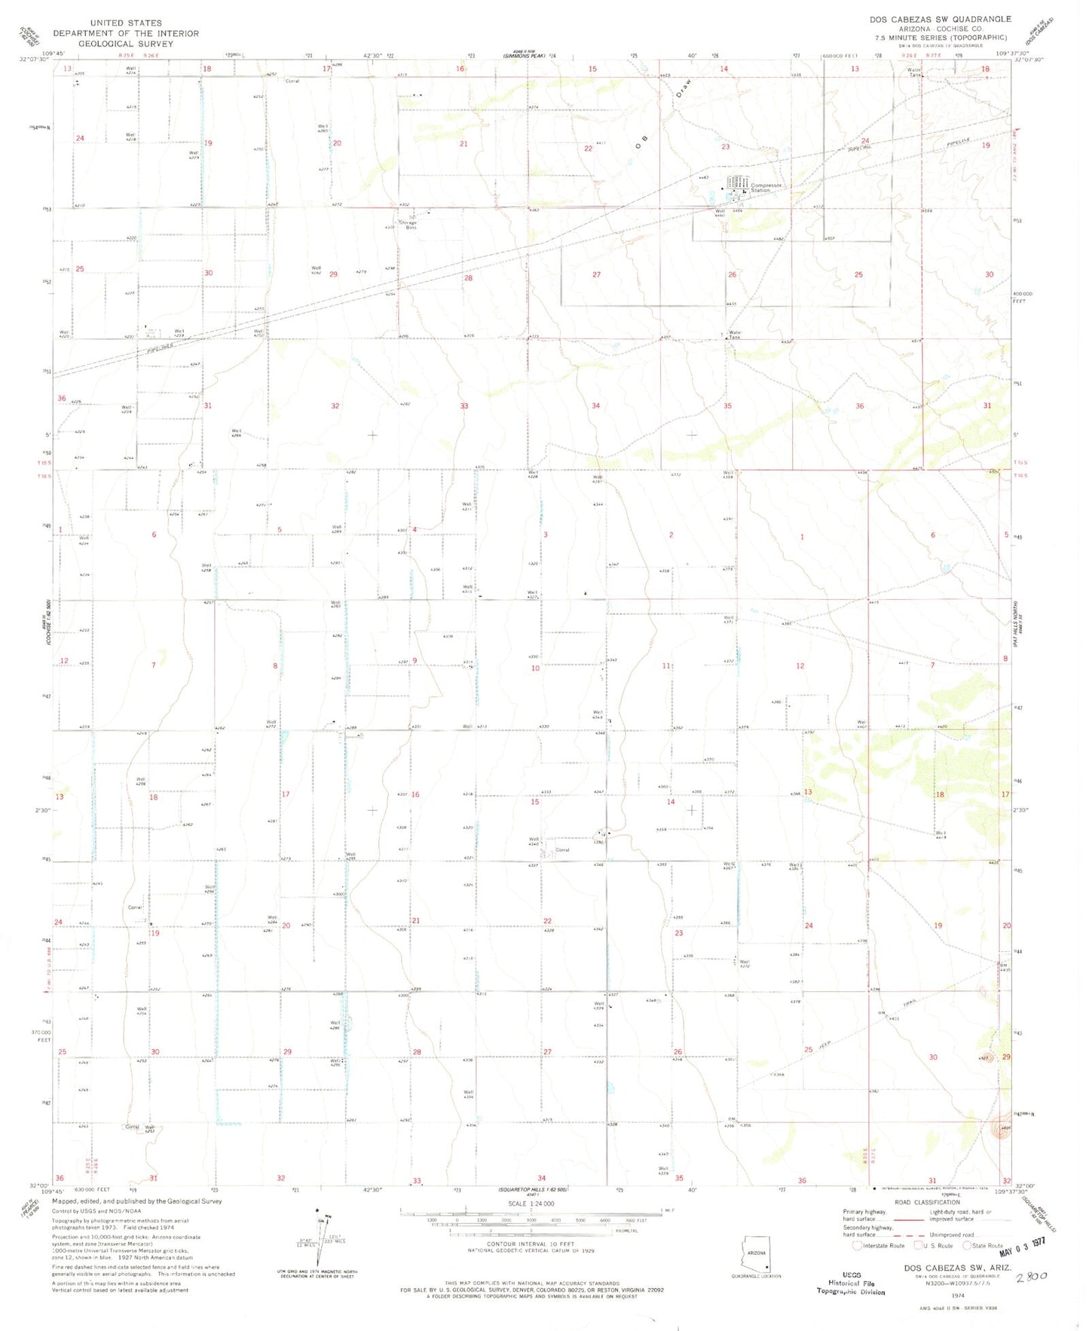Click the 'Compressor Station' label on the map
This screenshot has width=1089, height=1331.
point(766,188)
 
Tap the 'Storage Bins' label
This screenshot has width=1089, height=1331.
point(408,225)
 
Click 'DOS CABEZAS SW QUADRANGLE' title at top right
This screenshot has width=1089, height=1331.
point(940,19)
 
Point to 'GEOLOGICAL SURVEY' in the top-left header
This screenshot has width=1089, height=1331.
point(126,44)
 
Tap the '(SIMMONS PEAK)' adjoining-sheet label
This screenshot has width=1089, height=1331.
point(525,55)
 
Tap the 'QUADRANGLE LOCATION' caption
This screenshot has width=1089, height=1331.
point(756,1276)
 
